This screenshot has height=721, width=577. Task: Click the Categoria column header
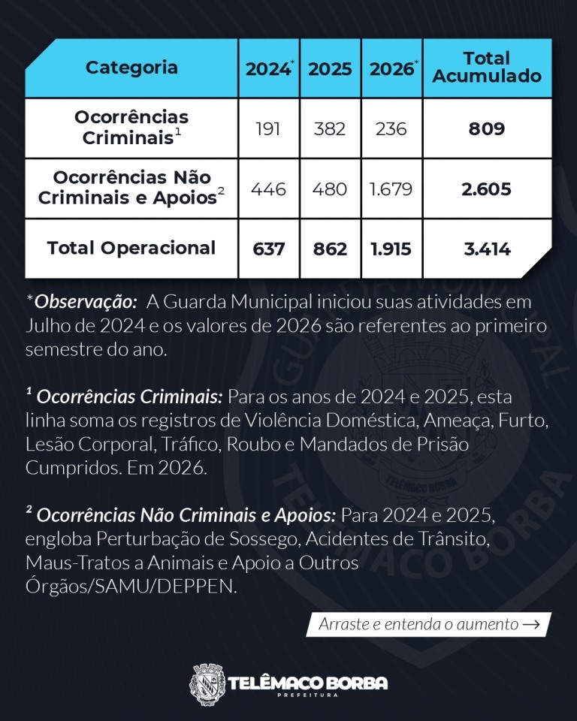[131, 68]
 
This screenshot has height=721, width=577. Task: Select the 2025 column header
[330, 69]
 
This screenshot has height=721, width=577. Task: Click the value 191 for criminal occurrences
[267, 128]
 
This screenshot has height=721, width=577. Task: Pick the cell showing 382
[330, 128]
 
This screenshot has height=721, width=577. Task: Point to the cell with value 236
[391, 128]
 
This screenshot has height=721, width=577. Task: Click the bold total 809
[487, 128]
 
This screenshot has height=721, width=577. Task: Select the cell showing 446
[268, 189]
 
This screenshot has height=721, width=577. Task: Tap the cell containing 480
[330, 189]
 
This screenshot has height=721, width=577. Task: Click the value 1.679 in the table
[391, 189]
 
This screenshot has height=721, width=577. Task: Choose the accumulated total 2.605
[487, 189]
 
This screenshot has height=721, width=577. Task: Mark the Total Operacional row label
[131, 248]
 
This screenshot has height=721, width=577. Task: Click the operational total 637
[268, 249]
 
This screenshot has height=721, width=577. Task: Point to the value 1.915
[391, 249]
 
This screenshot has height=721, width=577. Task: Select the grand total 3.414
[488, 249]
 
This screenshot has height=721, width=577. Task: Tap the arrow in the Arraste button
[531, 624]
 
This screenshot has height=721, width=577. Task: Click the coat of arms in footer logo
[207, 684]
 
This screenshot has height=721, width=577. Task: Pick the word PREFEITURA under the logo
[307, 695]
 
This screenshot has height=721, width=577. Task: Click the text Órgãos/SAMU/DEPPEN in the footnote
[131, 587]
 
